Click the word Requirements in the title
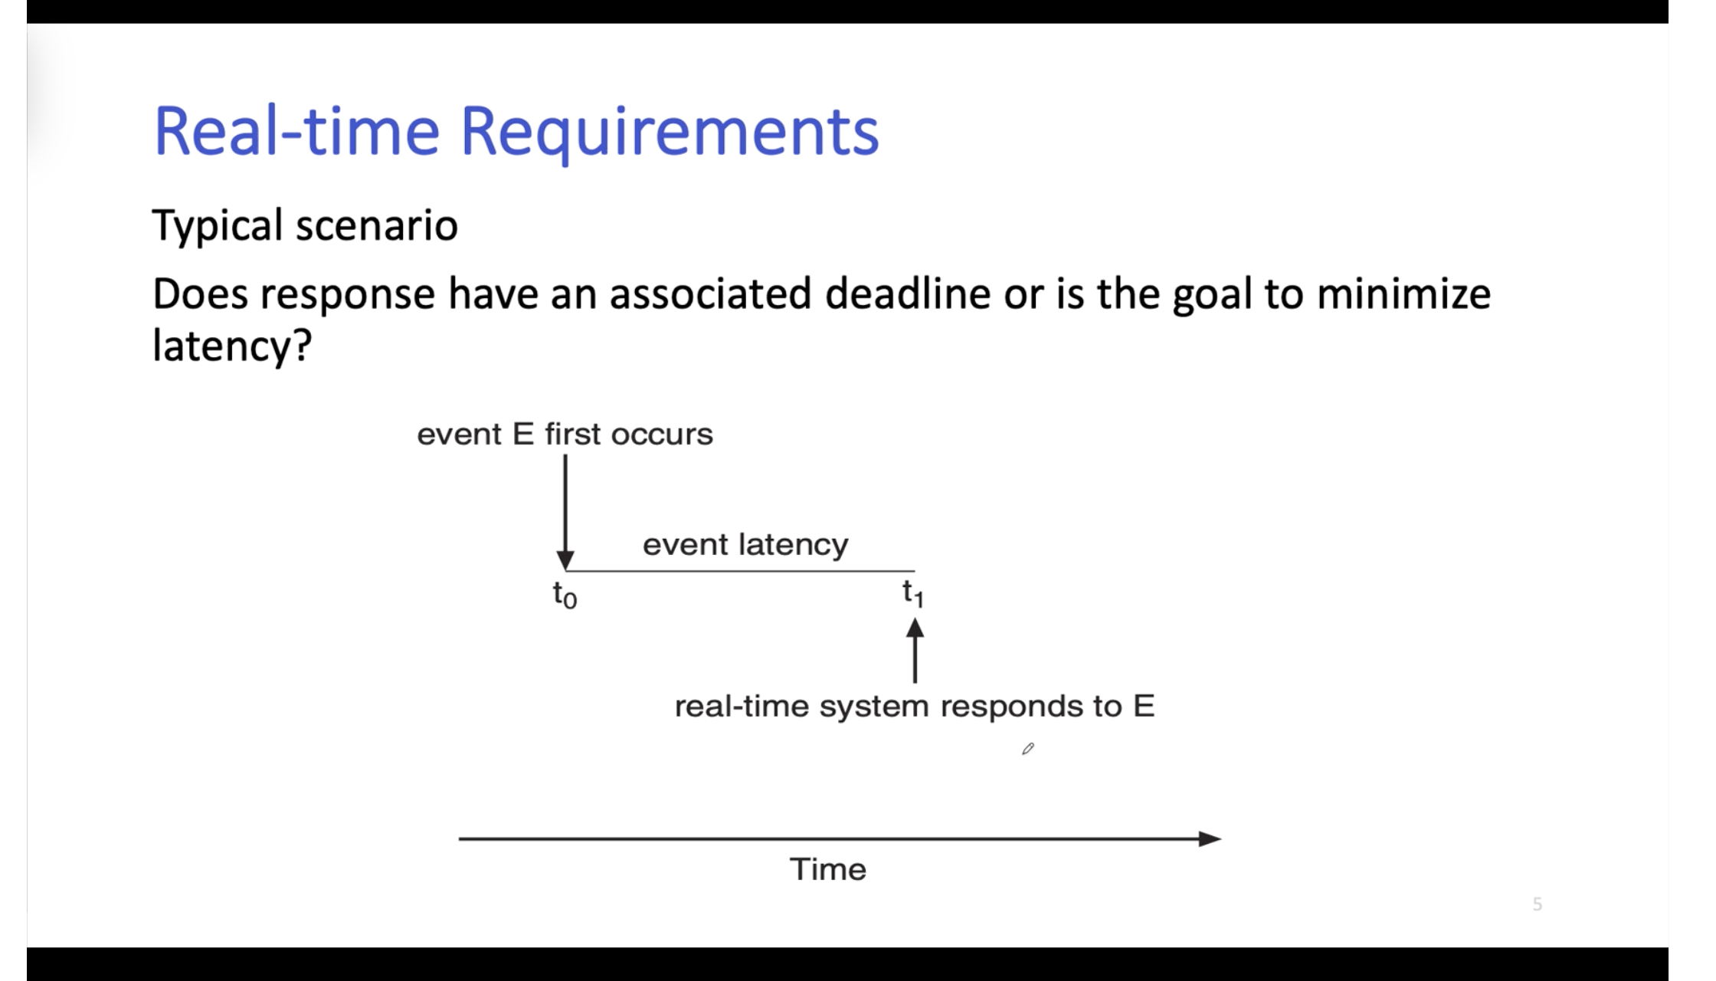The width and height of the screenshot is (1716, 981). point(670,133)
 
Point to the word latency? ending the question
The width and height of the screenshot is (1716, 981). point(232,346)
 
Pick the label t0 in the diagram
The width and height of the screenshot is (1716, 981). point(565,595)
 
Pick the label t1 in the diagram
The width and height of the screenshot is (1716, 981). point(913,593)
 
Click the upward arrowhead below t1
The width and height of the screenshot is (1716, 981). point(915,628)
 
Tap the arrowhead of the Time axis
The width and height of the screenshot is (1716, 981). point(1210,839)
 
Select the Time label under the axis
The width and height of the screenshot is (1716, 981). point(828,870)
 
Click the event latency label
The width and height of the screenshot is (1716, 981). point(745,545)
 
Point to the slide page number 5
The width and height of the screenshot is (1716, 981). point(1537,904)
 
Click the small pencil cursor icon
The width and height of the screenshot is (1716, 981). point(1028,749)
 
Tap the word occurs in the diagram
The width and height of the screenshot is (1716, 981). point(662,435)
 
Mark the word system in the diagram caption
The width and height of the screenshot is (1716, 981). point(874,707)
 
